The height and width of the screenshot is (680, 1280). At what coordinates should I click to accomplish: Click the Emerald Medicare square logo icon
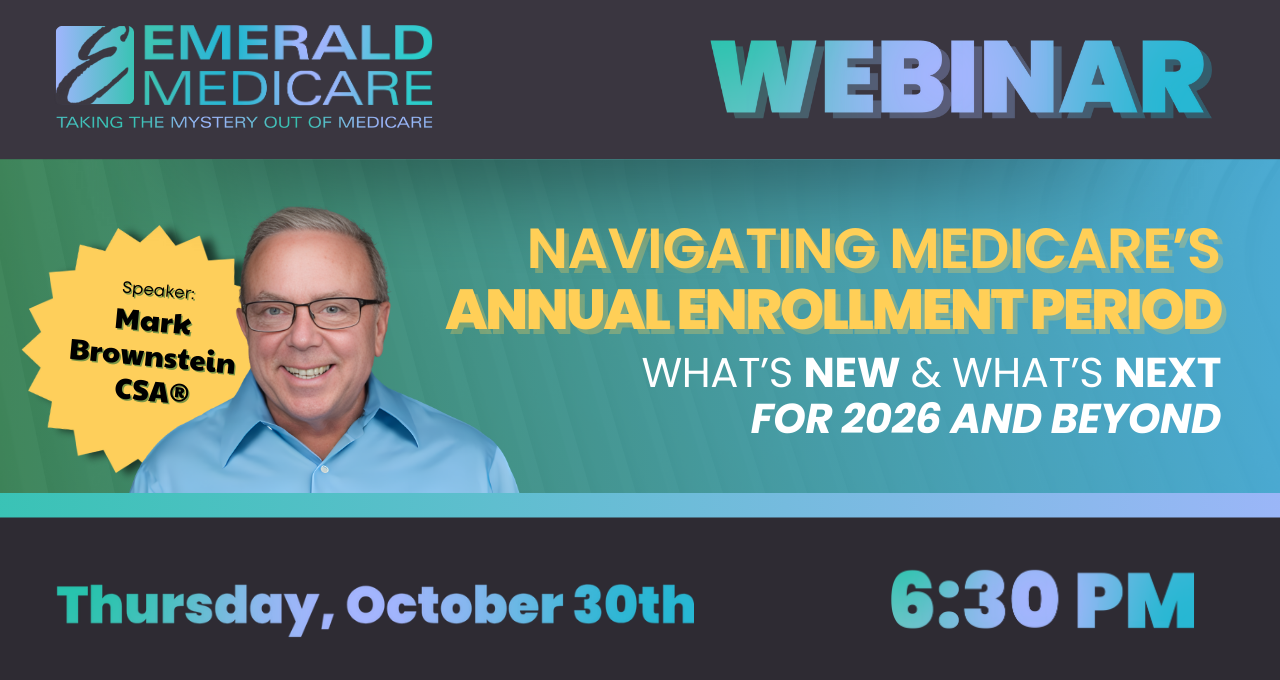tap(94, 65)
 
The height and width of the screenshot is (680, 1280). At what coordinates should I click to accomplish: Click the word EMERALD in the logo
tap(294, 45)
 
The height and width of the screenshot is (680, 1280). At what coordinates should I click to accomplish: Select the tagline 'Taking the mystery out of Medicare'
tap(244, 122)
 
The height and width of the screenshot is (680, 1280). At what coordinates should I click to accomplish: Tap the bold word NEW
tap(851, 373)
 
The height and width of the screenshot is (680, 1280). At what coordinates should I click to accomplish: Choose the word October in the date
tap(454, 605)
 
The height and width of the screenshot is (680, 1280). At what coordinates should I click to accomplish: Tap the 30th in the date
tap(633, 605)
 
